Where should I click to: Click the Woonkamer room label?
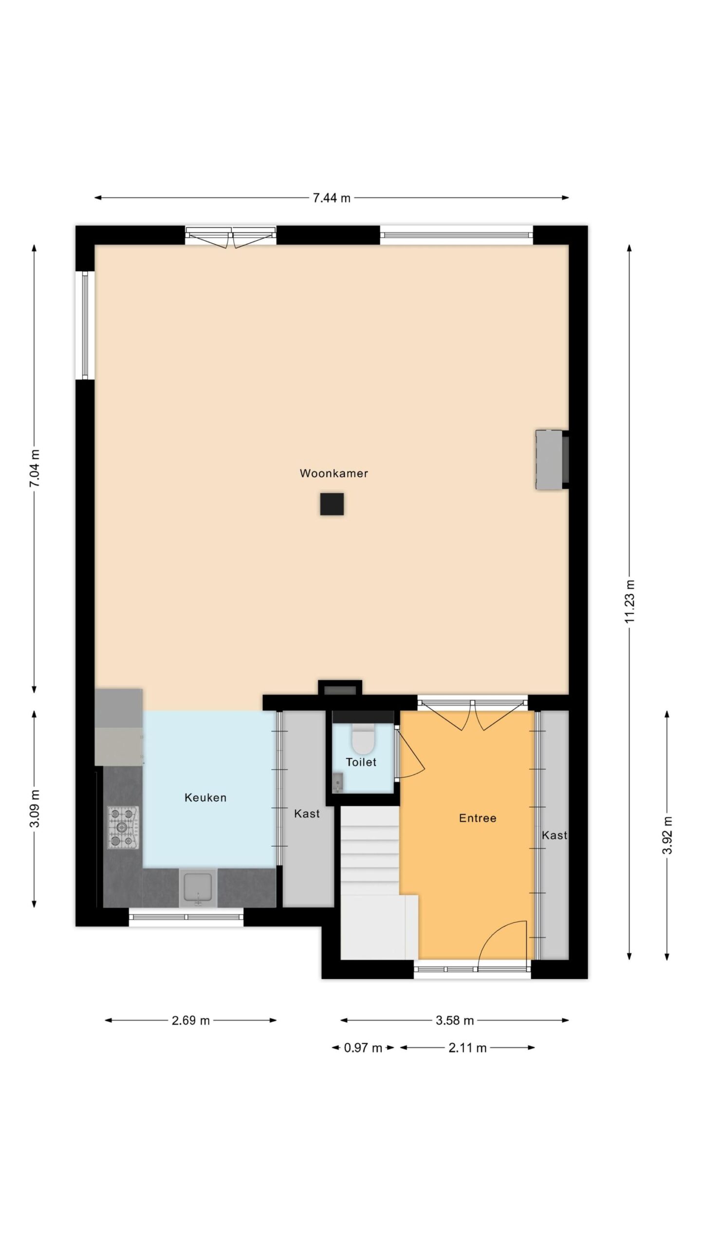pos(333,473)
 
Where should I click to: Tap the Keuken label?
pos(205,798)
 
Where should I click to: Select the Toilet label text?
pos(361,762)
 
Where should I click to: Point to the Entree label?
pos(478,818)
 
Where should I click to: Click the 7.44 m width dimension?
pos(332,198)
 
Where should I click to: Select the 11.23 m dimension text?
pos(630,601)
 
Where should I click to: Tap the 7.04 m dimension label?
pos(35,468)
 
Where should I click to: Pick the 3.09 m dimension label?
pos(35,808)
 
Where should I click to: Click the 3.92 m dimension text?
pos(667,835)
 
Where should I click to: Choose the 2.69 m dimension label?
pos(191,1020)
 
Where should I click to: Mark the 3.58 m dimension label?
pos(455,1020)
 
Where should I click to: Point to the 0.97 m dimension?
pos(363,1048)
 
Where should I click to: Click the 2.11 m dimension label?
pos(468,1048)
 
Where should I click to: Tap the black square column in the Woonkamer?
pos(332,504)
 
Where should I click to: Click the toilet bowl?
pos(362,739)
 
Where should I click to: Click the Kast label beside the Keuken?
pos(307,814)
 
